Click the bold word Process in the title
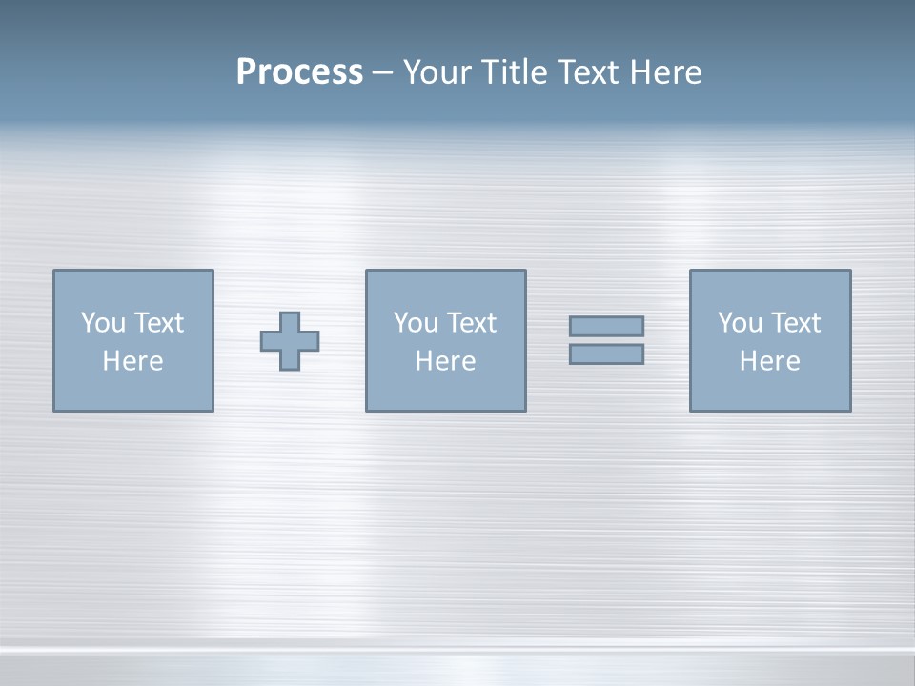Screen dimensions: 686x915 (x=299, y=72)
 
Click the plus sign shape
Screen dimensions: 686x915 (x=290, y=341)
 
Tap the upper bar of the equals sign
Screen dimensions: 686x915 (x=606, y=326)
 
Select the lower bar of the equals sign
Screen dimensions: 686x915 (x=606, y=354)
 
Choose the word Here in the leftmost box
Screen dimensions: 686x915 (x=132, y=361)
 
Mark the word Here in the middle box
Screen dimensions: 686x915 (x=445, y=361)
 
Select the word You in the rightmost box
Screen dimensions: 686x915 (x=741, y=323)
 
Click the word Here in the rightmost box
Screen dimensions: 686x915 (x=769, y=361)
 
